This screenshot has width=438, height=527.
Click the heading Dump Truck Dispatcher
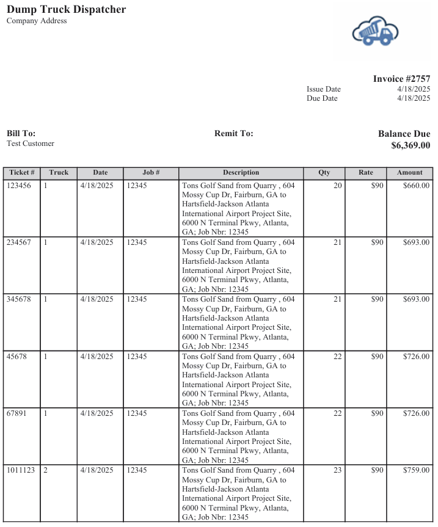pyautogui.click(x=66, y=9)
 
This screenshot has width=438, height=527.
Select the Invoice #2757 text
pyautogui.click(x=401, y=79)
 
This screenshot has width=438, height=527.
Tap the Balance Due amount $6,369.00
pyautogui.click(x=411, y=145)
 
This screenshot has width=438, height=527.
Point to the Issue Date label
pyautogui.click(x=323, y=89)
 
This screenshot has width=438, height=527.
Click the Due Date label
pyautogui.click(x=321, y=98)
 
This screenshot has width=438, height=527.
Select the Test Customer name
pyautogui.click(x=31, y=144)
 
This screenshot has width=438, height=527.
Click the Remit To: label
pyautogui.click(x=233, y=133)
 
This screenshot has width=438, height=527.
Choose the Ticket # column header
pyautogui.click(x=22, y=173)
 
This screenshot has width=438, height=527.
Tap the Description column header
pyautogui.click(x=241, y=173)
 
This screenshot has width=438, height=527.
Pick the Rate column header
pyautogui.click(x=365, y=173)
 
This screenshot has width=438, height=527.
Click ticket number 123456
pyautogui.click(x=19, y=185)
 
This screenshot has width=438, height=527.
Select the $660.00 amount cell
pyautogui.click(x=416, y=185)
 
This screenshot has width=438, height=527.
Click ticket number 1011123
pyautogui.click(x=21, y=470)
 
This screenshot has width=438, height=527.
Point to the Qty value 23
pyautogui.click(x=337, y=470)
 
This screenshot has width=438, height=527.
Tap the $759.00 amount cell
pyautogui.click(x=416, y=470)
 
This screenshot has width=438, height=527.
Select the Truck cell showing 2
pyautogui.click(x=45, y=470)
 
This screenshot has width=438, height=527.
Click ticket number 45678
pyautogui.click(x=17, y=356)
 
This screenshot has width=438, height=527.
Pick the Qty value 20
pyautogui.click(x=337, y=185)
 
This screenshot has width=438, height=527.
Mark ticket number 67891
pyautogui.click(x=17, y=413)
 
